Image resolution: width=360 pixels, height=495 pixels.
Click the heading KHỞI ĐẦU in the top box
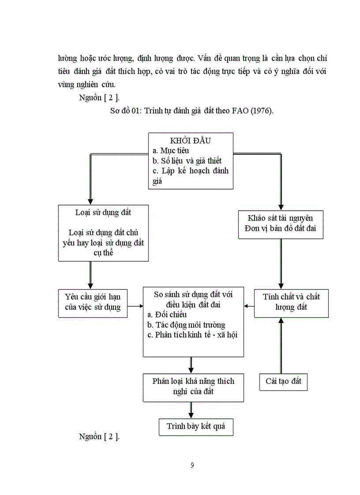point(191,141)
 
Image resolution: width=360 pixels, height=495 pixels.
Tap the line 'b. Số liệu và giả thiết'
point(187,160)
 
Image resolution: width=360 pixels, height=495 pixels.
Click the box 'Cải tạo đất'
point(283,381)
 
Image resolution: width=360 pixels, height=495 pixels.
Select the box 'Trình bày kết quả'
point(196,426)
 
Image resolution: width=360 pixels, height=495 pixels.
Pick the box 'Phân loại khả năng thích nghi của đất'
point(193,386)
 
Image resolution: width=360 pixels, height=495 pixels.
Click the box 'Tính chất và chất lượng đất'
point(291,302)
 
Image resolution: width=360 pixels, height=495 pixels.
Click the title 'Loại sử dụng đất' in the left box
point(103,212)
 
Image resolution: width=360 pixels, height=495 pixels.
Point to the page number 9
point(192,465)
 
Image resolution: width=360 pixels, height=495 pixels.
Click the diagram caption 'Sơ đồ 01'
point(125,111)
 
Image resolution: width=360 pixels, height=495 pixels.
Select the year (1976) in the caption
point(262,111)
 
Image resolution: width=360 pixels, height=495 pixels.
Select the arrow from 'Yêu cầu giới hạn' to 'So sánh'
point(135,305)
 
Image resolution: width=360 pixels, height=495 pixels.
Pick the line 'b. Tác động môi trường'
point(186,325)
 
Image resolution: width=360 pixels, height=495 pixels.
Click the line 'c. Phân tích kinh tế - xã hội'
point(192,335)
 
